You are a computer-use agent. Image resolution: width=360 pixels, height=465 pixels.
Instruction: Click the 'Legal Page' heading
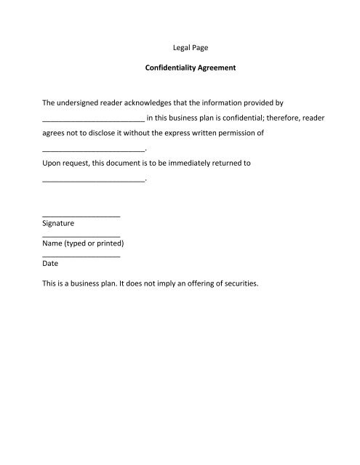tap(180, 49)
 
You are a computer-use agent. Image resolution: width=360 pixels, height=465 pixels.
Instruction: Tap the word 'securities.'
tap(236, 284)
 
